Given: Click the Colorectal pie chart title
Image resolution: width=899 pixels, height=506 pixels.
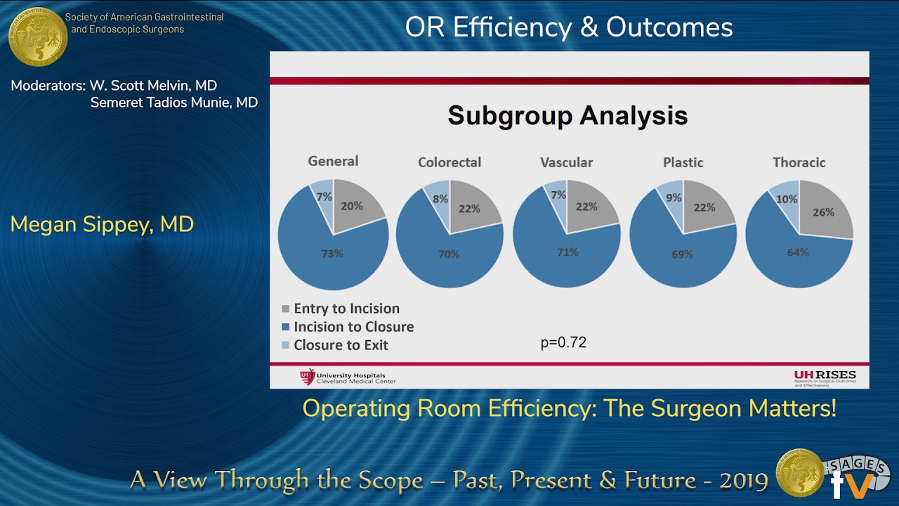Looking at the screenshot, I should click(449, 162).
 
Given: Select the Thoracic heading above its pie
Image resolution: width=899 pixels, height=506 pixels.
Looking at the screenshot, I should click(799, 162).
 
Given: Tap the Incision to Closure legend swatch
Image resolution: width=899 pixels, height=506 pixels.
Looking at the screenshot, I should click(285, 327).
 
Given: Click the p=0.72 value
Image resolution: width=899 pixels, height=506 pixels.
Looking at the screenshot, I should click(563, 343).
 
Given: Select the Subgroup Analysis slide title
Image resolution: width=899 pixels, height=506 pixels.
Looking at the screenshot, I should click(567, 115).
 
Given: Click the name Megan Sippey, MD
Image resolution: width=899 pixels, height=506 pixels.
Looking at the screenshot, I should click(102, 225).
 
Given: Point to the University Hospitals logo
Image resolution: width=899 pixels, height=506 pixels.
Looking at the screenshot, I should click(348, 377).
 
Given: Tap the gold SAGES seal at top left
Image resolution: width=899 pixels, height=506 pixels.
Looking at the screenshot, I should click(38, 37).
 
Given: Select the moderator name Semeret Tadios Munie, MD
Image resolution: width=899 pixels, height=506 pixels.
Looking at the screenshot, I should click(174, 103).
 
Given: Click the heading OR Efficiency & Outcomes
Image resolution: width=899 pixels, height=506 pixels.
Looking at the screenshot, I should click(569, 27).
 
